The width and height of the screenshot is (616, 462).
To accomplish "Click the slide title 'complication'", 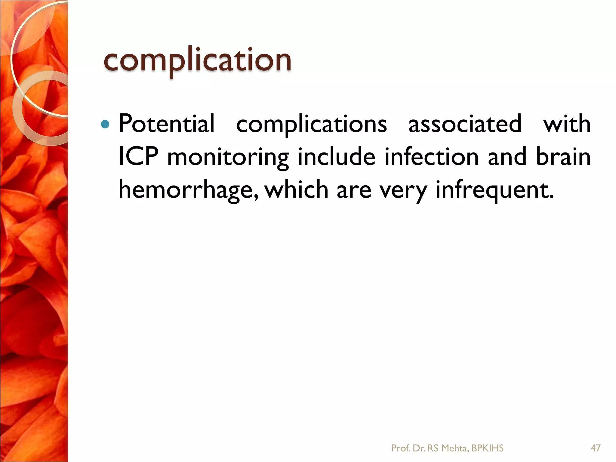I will point(197,60).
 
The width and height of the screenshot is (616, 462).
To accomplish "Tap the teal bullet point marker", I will point(105,124).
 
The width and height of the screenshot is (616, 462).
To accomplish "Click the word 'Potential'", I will point(167,124).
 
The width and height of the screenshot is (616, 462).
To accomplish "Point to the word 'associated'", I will point(465,124).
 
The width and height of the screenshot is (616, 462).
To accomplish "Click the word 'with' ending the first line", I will point(567,124).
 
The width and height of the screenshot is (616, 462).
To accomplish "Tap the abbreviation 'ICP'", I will point(138,157).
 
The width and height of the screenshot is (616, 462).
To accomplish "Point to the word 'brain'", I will point(563,157).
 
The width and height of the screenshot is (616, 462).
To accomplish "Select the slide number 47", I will point(596,448).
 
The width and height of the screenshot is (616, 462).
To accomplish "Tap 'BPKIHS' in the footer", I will point(487,448).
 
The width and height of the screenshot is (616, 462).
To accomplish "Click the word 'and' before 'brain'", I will point(507,157).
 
